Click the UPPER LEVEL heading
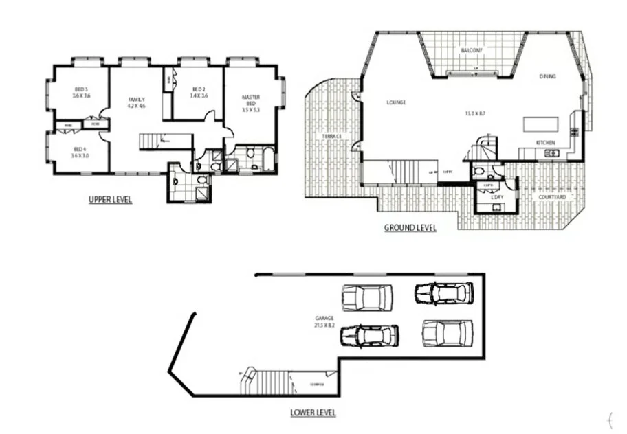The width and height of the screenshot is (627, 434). click(x=110, y=200)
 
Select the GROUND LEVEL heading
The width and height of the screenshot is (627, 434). click(x=410, y=227)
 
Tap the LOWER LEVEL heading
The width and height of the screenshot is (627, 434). click(x=313, y=413)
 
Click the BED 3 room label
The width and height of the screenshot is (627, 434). click(x=82, y=89)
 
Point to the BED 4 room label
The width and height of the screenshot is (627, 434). click(x=80, y=149)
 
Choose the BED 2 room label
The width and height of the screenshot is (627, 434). click(x=199, y=89)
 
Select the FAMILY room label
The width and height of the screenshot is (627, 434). click(x=137, y=100)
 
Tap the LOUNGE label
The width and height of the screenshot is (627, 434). click(x=396, y=102)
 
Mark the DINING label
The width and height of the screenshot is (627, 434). click(x=547, y=76)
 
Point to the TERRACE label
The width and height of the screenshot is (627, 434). click(x=332, y=137)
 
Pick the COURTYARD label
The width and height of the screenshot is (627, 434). click(x=551, y=197)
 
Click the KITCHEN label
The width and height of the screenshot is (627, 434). click(x=546, y=142)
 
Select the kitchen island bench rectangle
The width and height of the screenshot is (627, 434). click(x=542, y=124)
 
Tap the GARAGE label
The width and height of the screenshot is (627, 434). click(x=324, y=318)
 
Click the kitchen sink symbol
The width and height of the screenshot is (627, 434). click(x=551, y=153)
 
